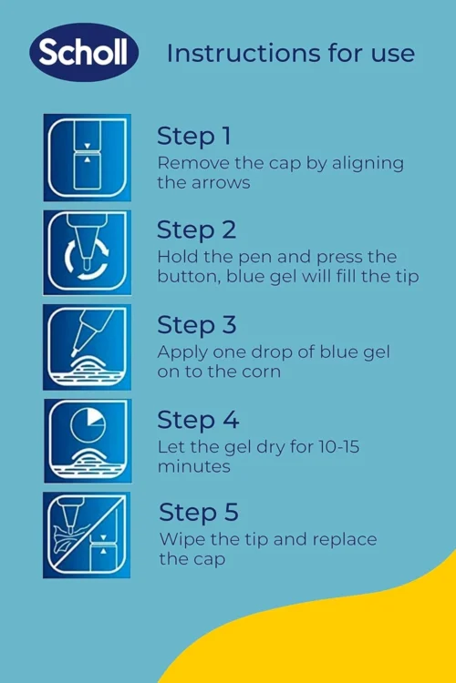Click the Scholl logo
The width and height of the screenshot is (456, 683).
point(84,52)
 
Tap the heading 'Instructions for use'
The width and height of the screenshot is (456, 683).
point(291,53)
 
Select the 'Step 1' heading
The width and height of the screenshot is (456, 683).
point(193,136)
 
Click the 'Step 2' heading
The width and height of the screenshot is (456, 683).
point(196,230)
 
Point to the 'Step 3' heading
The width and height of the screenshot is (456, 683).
point(196,325)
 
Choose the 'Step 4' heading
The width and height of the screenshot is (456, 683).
point(198,420)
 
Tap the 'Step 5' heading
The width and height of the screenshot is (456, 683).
point(199,512)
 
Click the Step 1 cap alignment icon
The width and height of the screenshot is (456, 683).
point(88,158)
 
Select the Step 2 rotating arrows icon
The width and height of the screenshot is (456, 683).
point(88,252)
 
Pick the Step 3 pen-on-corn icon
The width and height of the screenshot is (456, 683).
point(88,347)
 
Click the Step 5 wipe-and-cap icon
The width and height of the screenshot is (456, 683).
point(87,535)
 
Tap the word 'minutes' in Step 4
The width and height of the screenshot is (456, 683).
point(193,466)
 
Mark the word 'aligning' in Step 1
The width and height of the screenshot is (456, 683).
point(368,164)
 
